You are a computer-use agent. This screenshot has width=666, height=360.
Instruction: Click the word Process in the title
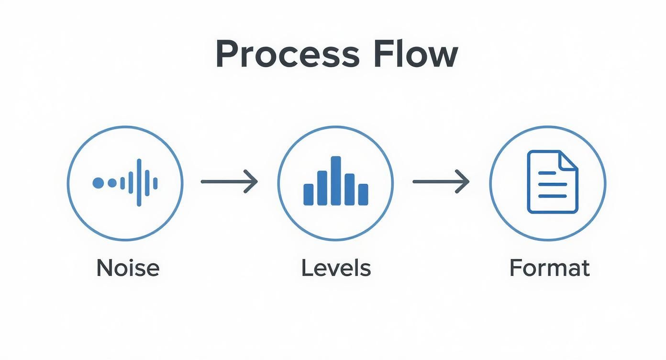(287, 54)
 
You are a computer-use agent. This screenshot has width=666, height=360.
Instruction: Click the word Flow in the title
(415, 54)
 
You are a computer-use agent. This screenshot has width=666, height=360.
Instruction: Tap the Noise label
(128, 268)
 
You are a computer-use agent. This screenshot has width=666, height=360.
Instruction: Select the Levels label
(336, 268)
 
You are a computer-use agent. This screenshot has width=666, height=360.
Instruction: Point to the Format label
(549, 268)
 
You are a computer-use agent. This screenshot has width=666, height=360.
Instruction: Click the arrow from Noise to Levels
(229, 181)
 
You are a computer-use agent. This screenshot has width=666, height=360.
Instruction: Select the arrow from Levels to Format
(441, 181)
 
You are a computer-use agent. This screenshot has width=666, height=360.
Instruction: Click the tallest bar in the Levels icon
(336, 181)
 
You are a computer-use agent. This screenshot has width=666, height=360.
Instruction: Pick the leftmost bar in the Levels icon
(309, 194)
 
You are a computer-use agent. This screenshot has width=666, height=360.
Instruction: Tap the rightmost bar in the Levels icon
(363, 194)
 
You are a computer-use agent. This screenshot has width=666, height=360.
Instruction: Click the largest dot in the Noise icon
(98, 182)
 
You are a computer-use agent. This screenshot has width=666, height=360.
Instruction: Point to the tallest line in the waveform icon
(139, 182)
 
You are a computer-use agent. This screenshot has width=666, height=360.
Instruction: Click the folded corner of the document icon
(568, 160)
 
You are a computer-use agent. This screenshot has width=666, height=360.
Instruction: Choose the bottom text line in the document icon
(553, 196)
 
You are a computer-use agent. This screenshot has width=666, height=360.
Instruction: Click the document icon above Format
(552, 182)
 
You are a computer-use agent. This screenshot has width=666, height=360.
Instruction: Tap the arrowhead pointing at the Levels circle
(252, 181)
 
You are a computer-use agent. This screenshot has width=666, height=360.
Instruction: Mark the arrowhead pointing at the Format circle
(463, 181)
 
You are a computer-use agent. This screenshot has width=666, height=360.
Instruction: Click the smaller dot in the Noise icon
(112, 182)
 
